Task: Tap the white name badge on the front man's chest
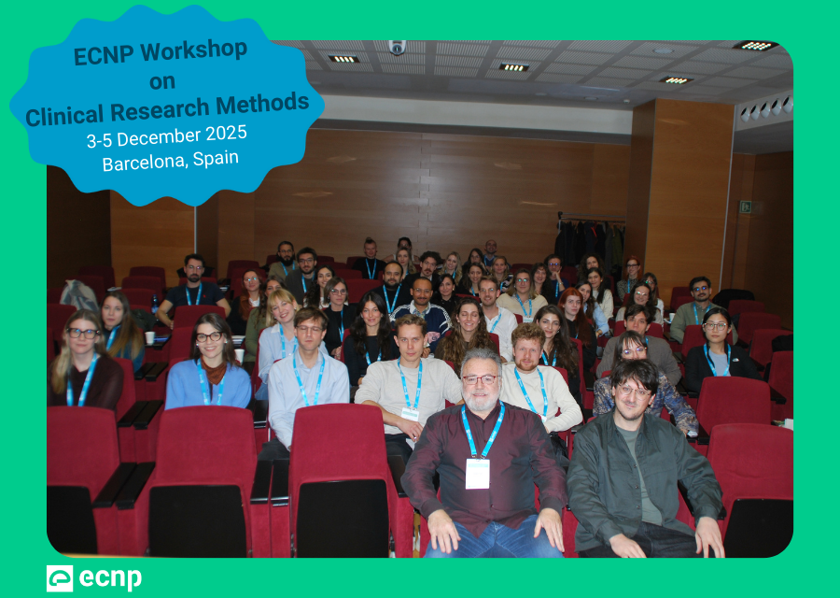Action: pyautogui.click(x=477, y=473)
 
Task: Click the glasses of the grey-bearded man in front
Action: pyautogui.click(x=480, y=379)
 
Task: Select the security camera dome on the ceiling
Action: pyautogui.click(x=397, y=48)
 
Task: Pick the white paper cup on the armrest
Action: pyautogui.click(x=148, y=337)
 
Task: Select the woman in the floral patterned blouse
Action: pyautogui.click(x=644, y=383)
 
